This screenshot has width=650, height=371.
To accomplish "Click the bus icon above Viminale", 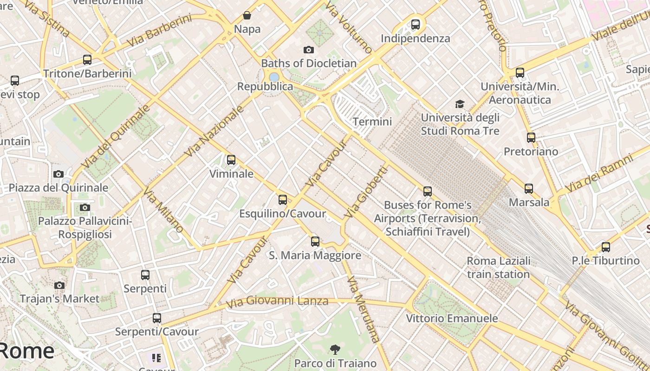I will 231,160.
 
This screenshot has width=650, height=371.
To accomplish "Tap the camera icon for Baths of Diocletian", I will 308,50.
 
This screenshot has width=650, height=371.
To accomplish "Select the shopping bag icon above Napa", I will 247,15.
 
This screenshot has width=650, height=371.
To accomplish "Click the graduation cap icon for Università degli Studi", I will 460,104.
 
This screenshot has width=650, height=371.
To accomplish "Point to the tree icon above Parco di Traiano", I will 335,349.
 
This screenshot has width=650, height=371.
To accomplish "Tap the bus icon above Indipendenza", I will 415,24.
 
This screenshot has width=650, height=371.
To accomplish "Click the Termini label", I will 372,122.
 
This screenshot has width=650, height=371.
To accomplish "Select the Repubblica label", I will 265,87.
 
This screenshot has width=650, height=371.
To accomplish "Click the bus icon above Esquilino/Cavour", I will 282,200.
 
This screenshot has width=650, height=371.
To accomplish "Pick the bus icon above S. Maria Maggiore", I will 315,241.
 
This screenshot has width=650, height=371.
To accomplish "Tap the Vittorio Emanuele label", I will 452,319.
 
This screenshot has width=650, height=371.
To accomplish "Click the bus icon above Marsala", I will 529,188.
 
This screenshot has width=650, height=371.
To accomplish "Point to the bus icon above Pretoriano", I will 531,137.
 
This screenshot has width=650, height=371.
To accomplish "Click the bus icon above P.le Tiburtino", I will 605,247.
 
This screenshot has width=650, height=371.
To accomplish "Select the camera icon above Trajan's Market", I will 59,285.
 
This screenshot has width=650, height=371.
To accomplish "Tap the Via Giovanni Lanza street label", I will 277,302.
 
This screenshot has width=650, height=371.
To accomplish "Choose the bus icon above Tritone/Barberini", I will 87,59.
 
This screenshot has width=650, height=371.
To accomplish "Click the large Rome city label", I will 27,351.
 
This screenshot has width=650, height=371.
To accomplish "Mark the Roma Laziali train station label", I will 498,268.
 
